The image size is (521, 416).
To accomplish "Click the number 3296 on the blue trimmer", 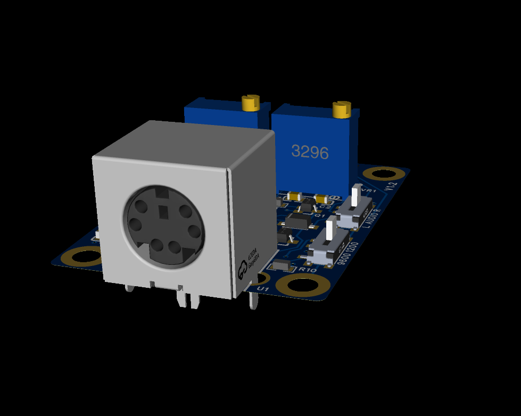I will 310,153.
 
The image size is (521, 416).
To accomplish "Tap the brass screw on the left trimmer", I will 249,102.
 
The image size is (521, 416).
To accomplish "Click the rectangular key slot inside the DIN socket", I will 162,212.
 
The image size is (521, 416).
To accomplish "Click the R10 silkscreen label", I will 308,270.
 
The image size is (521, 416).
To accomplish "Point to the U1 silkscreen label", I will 261,288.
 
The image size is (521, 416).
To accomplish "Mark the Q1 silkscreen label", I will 320,216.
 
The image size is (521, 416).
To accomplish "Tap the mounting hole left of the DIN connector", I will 82,258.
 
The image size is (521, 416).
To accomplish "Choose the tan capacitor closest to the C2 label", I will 321,198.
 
